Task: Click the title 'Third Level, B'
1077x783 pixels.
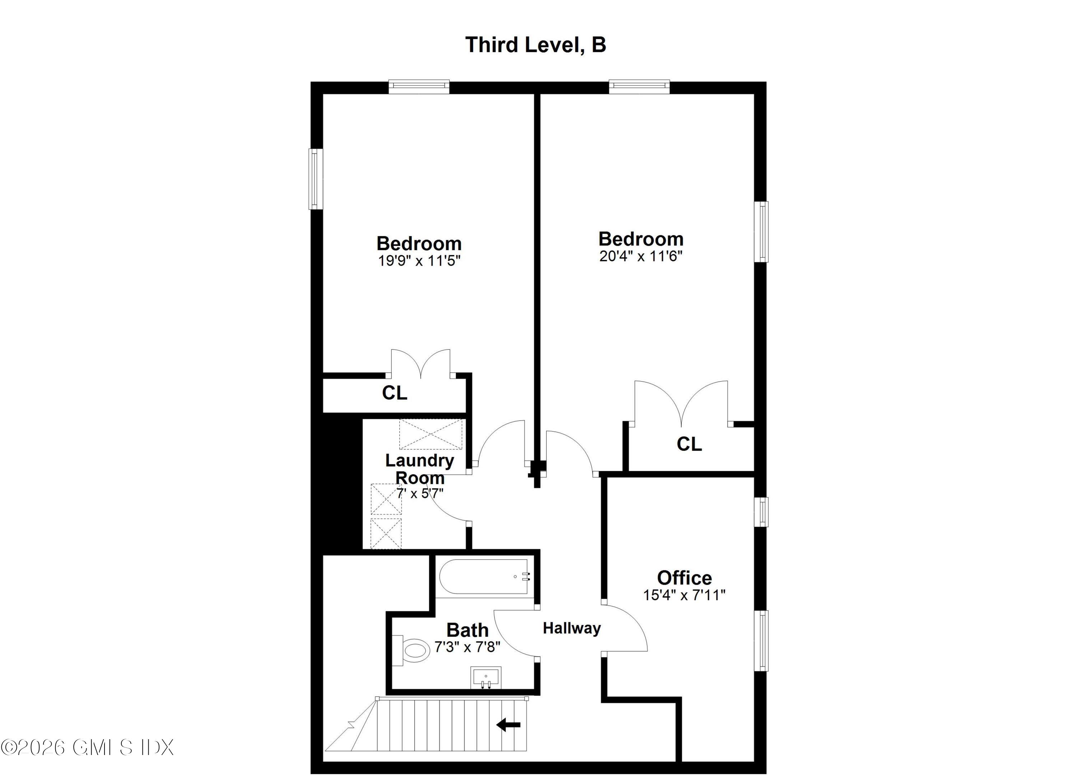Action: coord(536,45)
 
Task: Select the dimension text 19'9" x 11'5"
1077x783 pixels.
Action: coord(419,261)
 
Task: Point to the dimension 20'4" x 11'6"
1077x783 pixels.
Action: coord(640,256)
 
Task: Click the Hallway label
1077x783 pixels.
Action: coord(572,628)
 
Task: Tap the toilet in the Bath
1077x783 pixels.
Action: coord(410,650)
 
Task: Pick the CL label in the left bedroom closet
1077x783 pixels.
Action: coord(395,393)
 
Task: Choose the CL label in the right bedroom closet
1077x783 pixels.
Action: coord(689,444)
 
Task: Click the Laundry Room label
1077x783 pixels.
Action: coord(420,469)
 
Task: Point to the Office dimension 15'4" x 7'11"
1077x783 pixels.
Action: coord(684,595)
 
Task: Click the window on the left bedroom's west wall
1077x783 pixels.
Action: coord(316,179)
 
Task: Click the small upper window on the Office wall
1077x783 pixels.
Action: coord(761,512)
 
